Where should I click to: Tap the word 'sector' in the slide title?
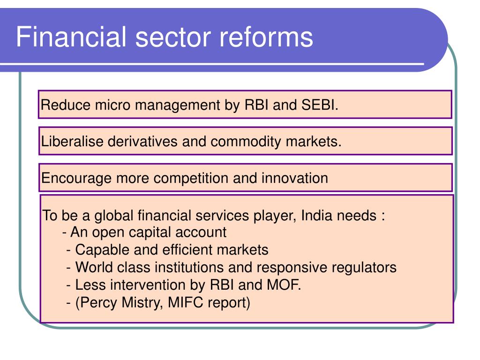(x=173, y=37)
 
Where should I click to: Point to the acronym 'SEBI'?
(x=320, y=105)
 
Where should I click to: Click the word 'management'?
(x=178, y=105)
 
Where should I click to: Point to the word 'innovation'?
(x=295, y=178)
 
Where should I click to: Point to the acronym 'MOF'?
(x=284, y=285)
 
